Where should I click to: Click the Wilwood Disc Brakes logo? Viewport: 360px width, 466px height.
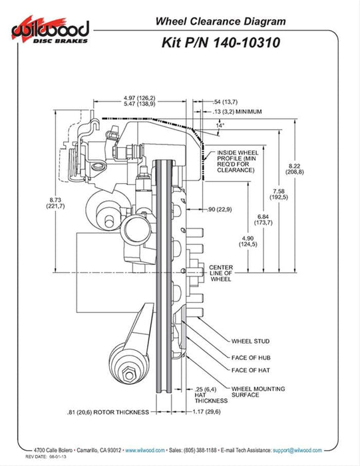[x=51, y=30]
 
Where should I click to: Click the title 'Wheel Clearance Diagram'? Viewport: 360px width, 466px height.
[x=221, y=21]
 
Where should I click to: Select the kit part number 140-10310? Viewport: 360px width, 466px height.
[x=246, y=43]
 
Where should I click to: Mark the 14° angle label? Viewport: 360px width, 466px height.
[x=220, y=125]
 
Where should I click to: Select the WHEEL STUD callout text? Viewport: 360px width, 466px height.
[x=250, y=341]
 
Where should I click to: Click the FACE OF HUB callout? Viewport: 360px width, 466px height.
[x=251, y=357]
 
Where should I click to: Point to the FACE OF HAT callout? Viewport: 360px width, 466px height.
[x=251, y=370]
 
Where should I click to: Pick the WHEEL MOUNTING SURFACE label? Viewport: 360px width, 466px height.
[x=258, y=391]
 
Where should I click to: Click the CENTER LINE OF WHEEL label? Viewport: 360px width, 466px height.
[x=221, y=273]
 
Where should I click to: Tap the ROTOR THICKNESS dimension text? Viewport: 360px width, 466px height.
[x=108, y=412]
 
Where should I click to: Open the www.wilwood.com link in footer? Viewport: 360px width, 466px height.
[x=145, y=450]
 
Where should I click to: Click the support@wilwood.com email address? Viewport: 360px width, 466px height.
[x=297, y=450]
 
